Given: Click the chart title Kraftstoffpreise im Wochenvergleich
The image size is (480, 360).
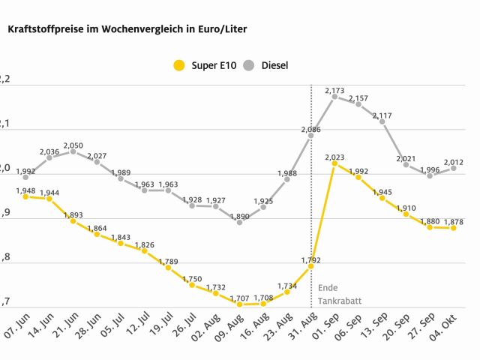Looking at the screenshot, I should click(127, 29).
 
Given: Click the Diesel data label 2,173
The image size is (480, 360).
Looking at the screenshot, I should click(334, 91).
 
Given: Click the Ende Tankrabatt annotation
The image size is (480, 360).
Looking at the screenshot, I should click(338, 294).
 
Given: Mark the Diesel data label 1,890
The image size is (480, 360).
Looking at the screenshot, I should click(239, 216).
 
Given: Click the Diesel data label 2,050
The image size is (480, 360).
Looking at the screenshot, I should click(73, 145).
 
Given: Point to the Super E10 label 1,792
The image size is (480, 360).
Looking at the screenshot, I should click(310, 260).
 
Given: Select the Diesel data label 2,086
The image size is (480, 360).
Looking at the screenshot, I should click(310, 130).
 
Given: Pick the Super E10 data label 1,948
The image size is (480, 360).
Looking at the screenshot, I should click(25, 190).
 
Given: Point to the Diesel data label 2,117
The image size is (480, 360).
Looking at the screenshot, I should click(382, 115).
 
